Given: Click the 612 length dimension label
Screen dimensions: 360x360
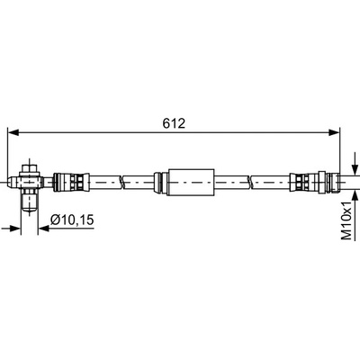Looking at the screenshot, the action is click(174, 123).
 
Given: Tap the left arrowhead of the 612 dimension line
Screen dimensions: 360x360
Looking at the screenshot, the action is click(13, 132).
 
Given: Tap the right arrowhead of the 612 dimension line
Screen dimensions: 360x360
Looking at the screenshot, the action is click(334, 132).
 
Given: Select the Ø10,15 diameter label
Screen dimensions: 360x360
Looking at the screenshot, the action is click(72, 220).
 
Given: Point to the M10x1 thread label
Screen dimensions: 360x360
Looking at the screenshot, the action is click(346, 220).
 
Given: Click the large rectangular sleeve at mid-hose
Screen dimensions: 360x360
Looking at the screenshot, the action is click(192, 182).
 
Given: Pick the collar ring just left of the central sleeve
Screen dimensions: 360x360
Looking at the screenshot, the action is click(157, 182).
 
